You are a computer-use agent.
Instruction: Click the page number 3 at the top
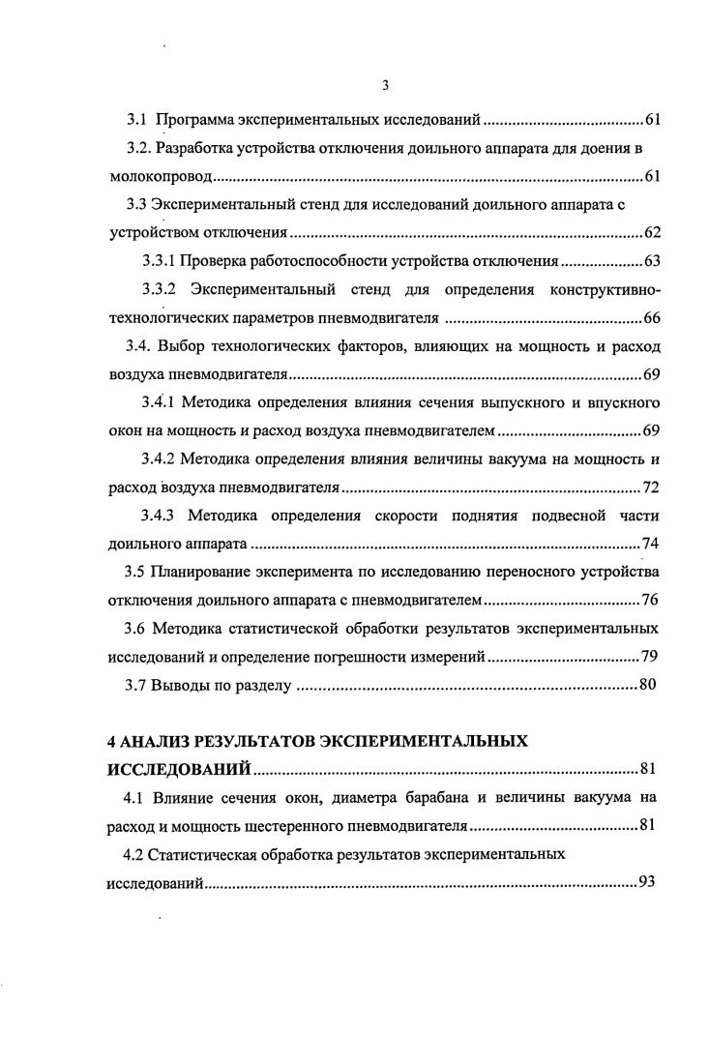coord(385,85)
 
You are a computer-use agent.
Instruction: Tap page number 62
coord(651,233)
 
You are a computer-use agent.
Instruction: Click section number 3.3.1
coord(158,261)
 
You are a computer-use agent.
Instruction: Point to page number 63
coord(651,261)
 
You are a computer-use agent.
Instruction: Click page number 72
coord(651,486)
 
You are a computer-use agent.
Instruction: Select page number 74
coord(651,542)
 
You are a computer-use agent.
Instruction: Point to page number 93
coord(648,883)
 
